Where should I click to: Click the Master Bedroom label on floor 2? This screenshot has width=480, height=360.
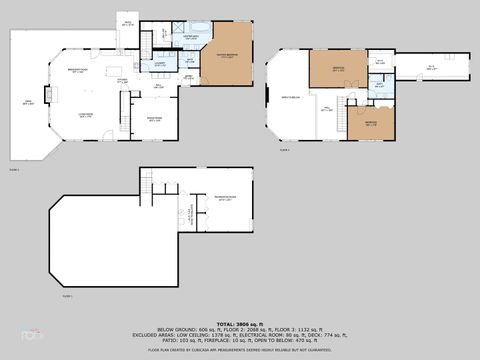point(227,58)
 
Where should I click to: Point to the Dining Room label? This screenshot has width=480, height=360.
point(156,119)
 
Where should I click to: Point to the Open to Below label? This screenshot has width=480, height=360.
point(290,97)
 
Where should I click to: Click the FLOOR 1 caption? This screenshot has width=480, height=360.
point(67,297)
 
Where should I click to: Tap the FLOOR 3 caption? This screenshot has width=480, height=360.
point(284,150)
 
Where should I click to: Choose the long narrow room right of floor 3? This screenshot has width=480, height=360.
point(430,69)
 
